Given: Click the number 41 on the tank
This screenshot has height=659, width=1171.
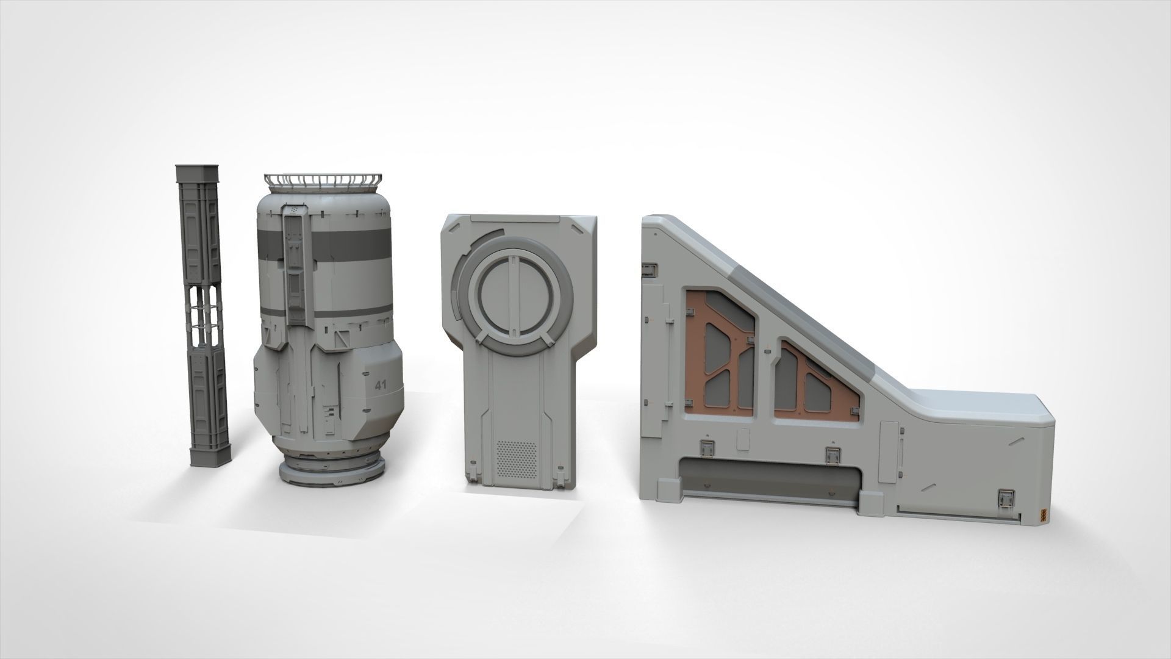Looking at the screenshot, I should pos(381,385).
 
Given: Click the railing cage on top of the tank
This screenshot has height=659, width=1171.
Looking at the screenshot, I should pos(323,181).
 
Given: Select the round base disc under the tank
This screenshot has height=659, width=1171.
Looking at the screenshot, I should pos(333,470).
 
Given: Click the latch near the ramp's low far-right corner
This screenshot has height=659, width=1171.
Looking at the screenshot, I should pos(1004,482).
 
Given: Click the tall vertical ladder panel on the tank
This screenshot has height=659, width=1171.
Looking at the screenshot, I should pos(295,262).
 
